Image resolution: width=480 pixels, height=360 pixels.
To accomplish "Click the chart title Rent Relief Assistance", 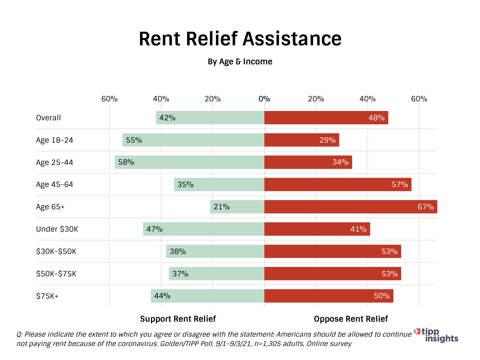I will pos(240,39).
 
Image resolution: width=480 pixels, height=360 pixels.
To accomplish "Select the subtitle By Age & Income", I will pos(240,62).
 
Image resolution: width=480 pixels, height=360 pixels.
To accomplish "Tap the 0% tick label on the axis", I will pos(264,99).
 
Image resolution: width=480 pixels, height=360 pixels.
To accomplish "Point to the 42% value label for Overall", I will pos(167,118).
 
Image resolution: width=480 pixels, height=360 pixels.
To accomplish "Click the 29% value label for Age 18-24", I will pos(327,140).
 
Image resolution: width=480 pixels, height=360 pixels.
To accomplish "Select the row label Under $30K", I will pos(57,229).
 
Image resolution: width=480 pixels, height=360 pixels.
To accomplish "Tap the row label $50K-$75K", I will pos(56,274).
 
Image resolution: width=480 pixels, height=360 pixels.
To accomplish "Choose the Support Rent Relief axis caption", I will pos(178,319).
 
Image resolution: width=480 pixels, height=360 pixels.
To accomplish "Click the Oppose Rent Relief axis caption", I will pos(351,319).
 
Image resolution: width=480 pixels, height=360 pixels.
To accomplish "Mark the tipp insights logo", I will pos(437,335).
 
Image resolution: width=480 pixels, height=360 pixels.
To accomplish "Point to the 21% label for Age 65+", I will pos(222,207).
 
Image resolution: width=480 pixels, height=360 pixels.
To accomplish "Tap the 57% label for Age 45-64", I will pos(400,184).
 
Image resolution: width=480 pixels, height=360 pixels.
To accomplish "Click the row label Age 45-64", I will pos(54,185).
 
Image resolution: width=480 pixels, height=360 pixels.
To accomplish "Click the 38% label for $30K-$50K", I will pos(178,251).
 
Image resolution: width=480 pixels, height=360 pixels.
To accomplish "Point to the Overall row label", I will pos(48,118).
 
